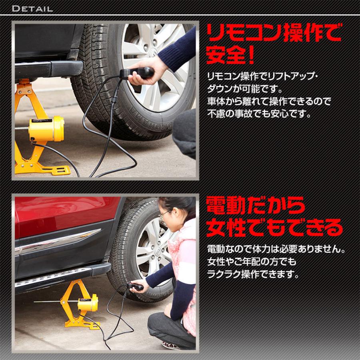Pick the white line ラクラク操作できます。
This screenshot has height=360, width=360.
(x=253, y=275)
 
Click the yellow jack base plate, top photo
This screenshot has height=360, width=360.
(x=42, y=169)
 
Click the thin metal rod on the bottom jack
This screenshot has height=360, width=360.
(x=48, y=301)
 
